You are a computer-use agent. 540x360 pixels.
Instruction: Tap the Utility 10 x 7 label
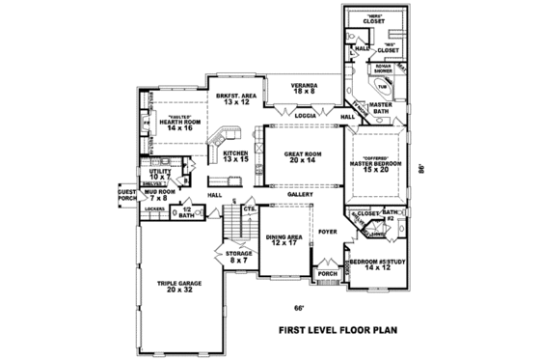pyautogui.click(x=160, y=174)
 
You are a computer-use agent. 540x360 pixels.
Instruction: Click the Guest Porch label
pyautogui.click(x=127, y=195)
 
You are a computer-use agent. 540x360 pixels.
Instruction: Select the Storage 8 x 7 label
pyautogui.click(x=238, y=257)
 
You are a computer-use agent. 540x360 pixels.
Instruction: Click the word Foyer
pyautogui.click(x=328, y=231)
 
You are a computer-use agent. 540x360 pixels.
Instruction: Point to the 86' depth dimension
pyautogui.click(x=420, y=165)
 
